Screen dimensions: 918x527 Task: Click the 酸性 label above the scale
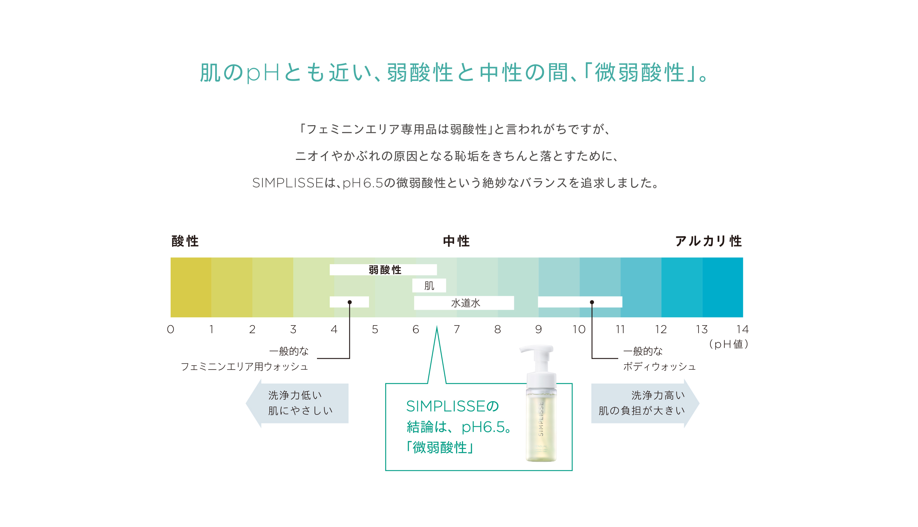coord(185,241)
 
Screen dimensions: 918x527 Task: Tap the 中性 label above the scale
coord(456,241)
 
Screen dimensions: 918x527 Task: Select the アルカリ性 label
coord(709,241)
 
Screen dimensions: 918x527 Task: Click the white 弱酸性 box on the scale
coord(383,270)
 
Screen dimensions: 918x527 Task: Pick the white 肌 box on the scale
coord(429,286)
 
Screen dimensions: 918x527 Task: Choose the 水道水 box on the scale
coord(464,303)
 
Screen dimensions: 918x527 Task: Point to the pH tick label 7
coord(457,329)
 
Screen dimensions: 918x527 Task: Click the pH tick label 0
coord(170,329)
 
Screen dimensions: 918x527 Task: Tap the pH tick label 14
coord(742,329)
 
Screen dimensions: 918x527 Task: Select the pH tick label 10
coord(579,329)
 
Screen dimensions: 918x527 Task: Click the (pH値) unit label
coord(728,344)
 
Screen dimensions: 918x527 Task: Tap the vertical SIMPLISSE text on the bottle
coord(541,419)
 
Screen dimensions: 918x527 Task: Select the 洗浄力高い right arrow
coord(645,403)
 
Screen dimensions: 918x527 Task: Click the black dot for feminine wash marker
coord(350,302)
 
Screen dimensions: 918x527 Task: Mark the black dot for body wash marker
coord(592,302)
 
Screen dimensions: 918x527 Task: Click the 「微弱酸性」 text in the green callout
coord(440,448)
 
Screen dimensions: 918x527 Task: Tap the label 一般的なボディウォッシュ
coord(659,359)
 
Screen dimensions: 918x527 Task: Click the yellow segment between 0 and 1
coord(191,288)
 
